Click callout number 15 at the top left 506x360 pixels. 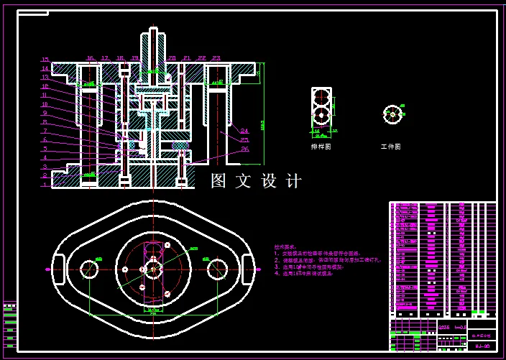45,60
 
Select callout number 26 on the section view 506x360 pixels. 245,149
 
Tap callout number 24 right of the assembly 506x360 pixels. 245,130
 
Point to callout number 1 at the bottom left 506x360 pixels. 45,185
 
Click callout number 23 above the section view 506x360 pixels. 216,57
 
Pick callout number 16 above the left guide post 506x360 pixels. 90,57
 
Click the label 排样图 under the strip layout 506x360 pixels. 321,147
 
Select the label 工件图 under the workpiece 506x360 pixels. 391,147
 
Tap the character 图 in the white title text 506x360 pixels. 218,181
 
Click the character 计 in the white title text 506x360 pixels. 293,181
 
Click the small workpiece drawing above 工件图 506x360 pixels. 392,114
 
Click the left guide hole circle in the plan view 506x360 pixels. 89,269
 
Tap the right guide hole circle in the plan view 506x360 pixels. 217,269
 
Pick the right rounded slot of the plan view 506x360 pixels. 248,269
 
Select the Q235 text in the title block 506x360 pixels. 444,327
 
